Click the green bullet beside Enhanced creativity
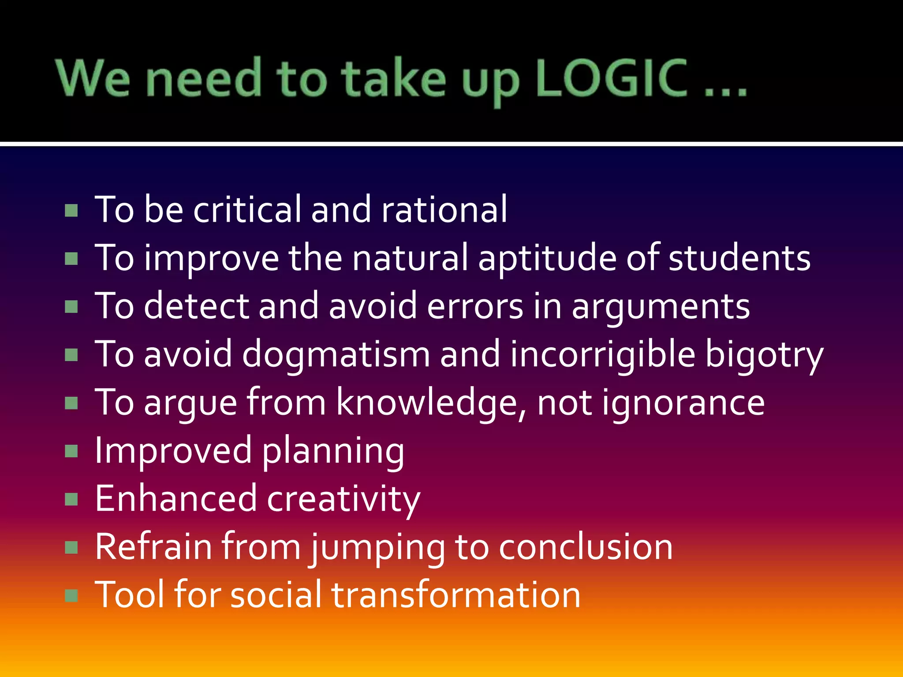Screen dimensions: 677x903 coord(71,500)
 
